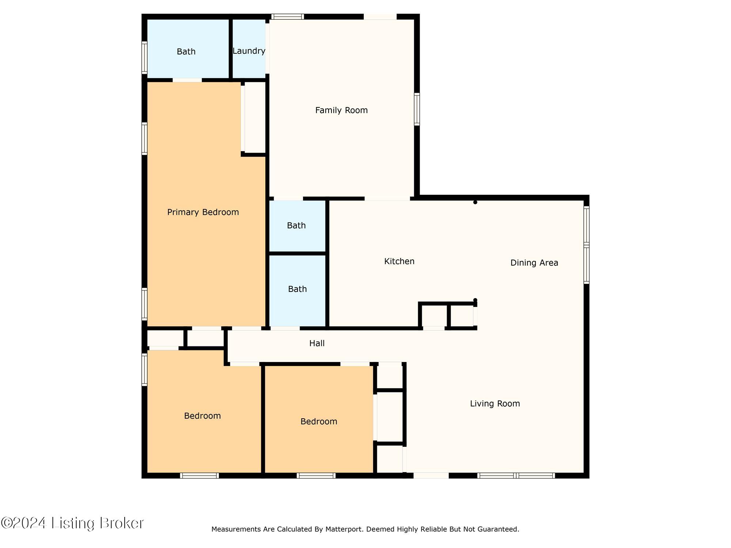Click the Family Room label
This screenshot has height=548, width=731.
coord(341,110)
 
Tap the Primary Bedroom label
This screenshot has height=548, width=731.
coord(203,212)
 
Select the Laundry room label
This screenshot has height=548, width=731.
coord(249,51)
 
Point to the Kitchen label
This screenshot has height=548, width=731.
coord(399,261)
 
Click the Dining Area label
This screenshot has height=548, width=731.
coord(534,263)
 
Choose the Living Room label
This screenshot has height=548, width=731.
coord(495,404)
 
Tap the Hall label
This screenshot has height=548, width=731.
coord(317,343)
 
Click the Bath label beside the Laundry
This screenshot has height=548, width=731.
coord(186,52)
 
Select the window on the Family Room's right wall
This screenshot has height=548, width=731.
coord(417,109)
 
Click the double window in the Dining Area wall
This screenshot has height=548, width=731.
coord(586,245)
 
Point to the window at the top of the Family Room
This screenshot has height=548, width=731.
coord(288,16)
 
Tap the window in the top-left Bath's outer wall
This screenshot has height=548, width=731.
coord(144,58)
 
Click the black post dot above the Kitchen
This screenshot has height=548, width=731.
coord(475,202)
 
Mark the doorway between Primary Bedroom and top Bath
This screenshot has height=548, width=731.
coord(187,80)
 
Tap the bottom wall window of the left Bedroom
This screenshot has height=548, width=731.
coord(200,476)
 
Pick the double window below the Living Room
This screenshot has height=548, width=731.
coord(516,476)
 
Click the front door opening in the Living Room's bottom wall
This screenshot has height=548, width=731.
coord(431,476)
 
